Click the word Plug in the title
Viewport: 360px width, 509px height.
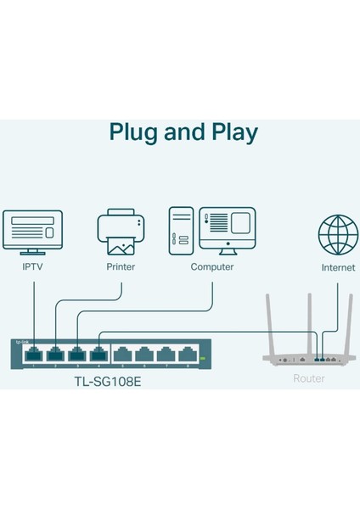tap(134, 133)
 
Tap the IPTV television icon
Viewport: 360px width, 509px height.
tap(32, 230)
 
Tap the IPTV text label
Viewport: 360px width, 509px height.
tap(32, 266)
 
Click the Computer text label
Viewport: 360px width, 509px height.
tap(212, 266)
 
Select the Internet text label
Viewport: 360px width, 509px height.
tap(338, 266)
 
